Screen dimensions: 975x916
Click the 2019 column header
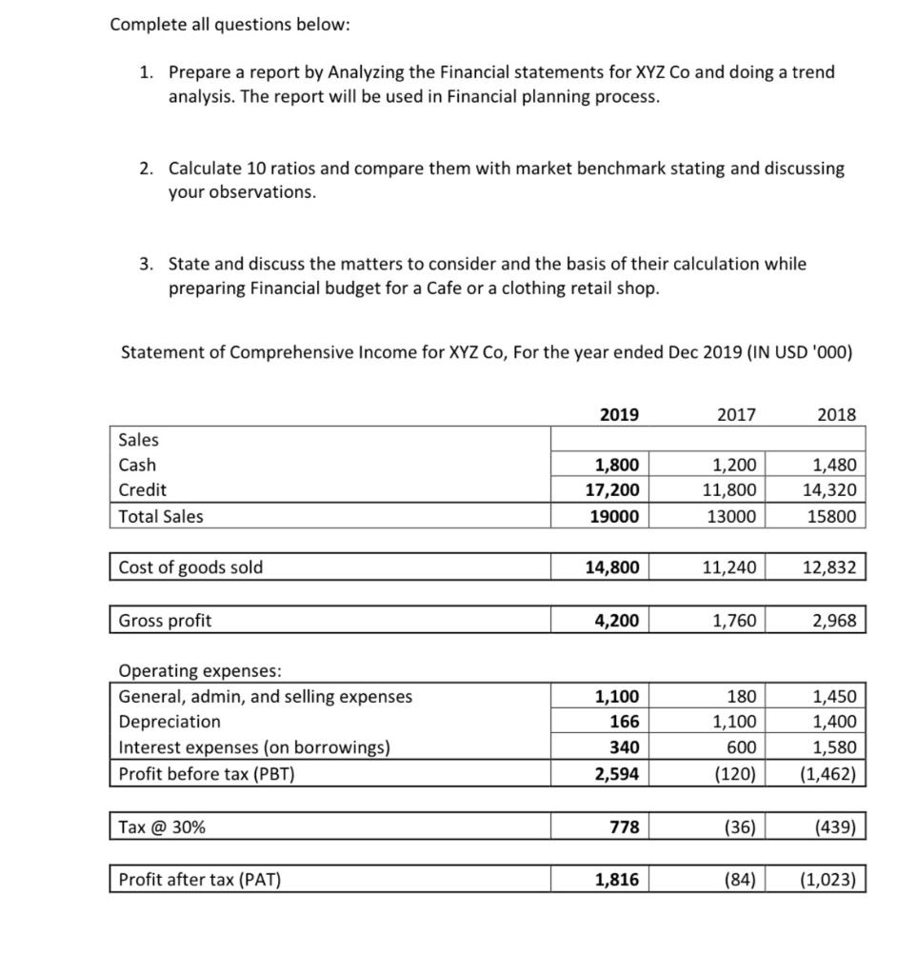[x=620, y=414]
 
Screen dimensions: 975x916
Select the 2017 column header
[x=736, y=414]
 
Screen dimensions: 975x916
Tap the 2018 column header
[x=837, y=414]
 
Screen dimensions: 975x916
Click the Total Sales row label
[x=161, y=516]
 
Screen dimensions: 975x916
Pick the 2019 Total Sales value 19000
[x=617, y=516]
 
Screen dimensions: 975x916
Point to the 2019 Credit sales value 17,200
[x=617, y=490]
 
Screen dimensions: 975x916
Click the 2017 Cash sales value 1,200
[x=735, y=466]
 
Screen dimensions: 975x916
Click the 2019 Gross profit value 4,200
[x=617, y=621]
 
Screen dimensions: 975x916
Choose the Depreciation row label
[x=169, y=722]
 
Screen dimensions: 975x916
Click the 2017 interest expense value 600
[x=742, y=747]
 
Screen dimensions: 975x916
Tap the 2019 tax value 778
[x=625, y=827]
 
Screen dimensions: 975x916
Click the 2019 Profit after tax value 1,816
[x=617, y=880]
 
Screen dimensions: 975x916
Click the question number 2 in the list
[x=145, y=169]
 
